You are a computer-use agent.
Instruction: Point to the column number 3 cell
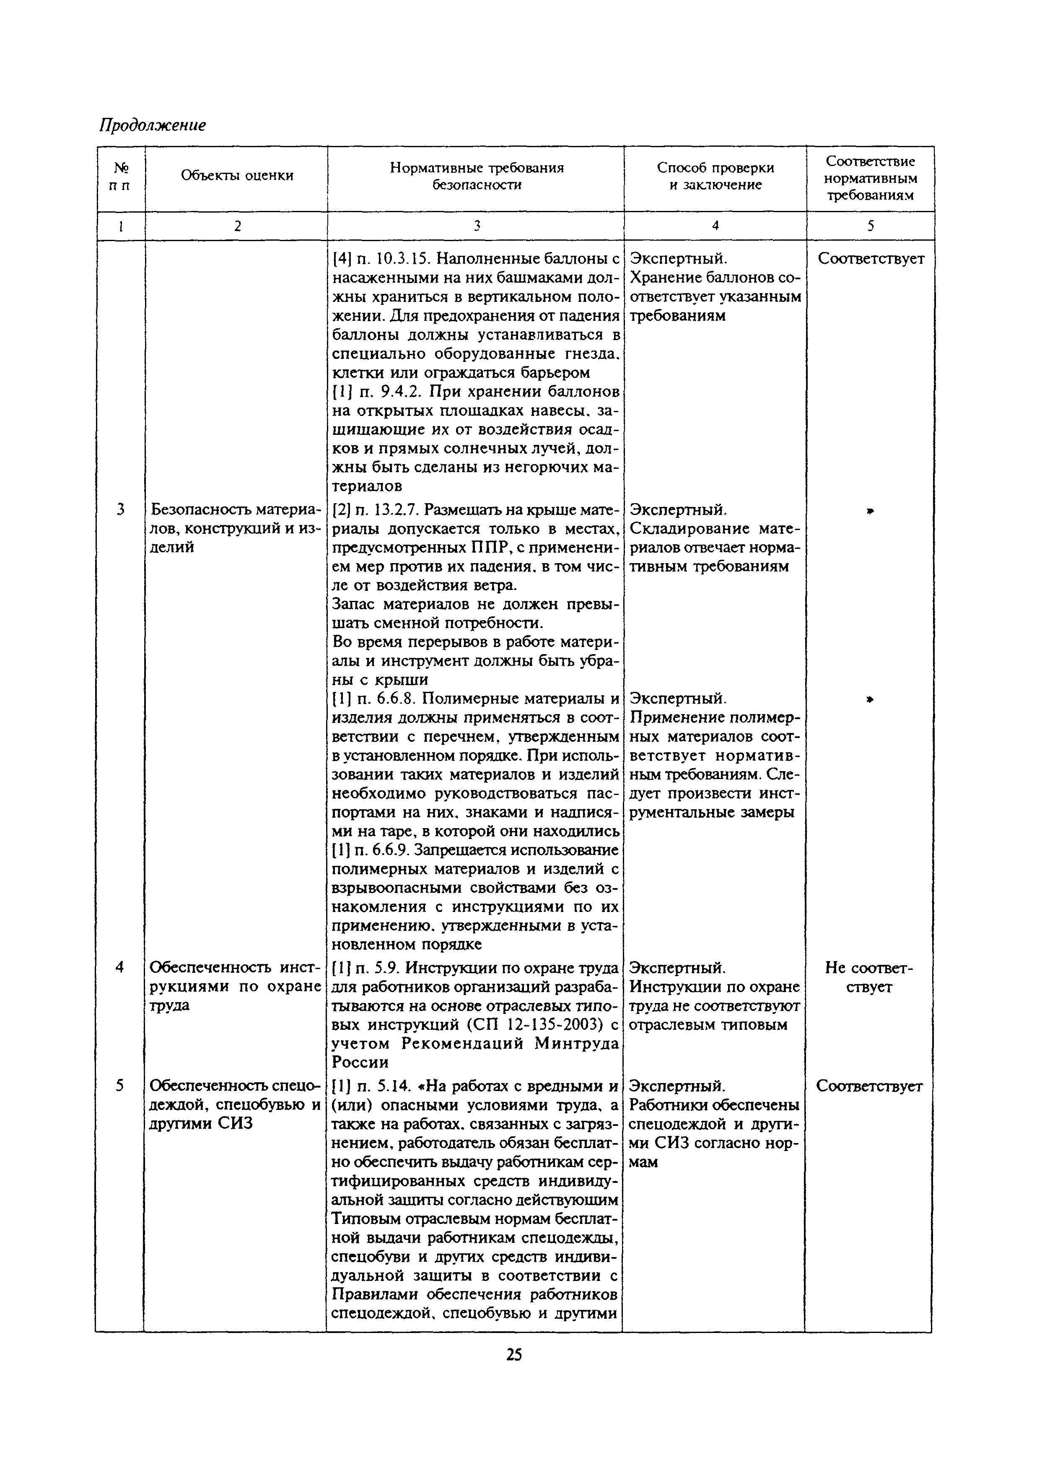click(x=476, y=226)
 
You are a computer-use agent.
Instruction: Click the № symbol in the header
click(x=120, y=168)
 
